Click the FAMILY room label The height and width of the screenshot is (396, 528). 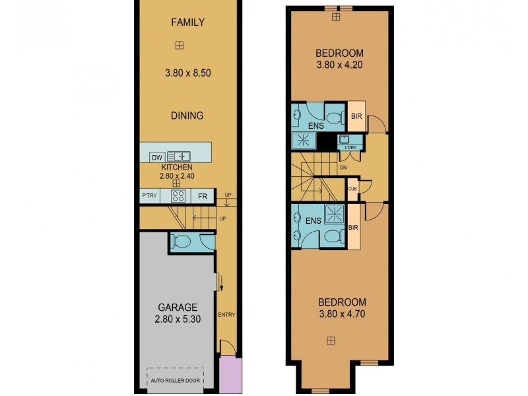click(x=187, y=22)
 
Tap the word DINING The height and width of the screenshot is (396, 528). click(x=187, y=115)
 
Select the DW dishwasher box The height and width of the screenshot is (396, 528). click(x=156, y=157)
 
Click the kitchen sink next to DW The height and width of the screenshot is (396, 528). click(x=178, y=157)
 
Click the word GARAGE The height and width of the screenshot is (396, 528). click(x=177, y=307)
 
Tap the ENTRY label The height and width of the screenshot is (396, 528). click(x=226, y=315)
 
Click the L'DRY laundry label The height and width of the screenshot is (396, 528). click(x=350, y=147)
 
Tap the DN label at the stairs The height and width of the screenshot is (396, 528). click(x=343, y=168)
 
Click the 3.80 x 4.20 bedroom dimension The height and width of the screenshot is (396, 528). click(x=339, y=65)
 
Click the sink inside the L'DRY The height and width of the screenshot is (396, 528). click(x=345, y=139)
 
